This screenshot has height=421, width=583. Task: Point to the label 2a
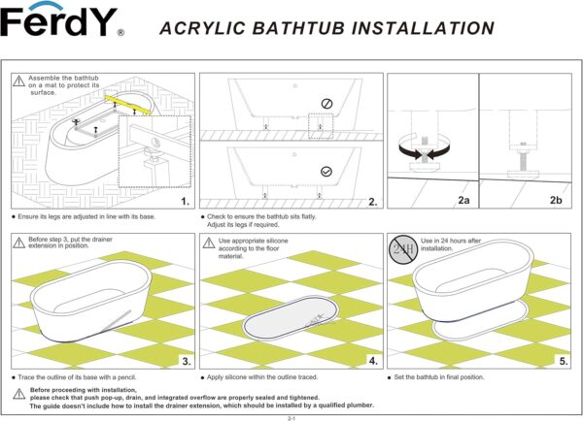pyautogui.click(x=463, y=202)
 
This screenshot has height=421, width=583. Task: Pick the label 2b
pyautogui.click(x=556, y=202)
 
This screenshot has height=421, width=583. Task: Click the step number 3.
pyautogui.click(x=184, y=362)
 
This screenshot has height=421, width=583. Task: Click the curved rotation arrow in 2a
pyautogui.click(x=419, y=151)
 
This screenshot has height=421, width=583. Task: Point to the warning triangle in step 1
pyautogui.click(x=19, y=81)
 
